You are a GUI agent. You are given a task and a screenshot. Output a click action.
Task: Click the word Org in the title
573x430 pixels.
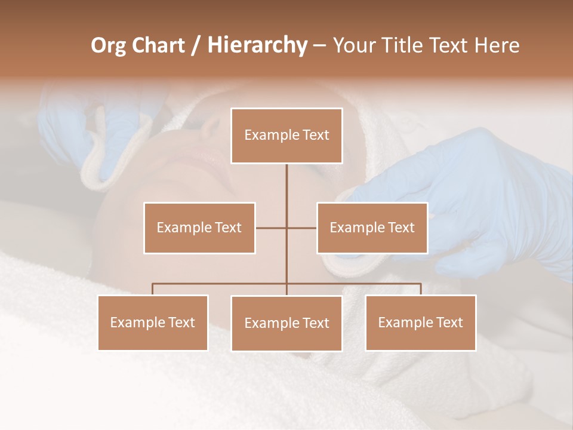point(107,45)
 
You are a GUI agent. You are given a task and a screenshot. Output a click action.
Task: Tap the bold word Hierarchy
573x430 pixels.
point(257,45)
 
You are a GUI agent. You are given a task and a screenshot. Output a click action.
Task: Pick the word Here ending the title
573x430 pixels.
point(497,45)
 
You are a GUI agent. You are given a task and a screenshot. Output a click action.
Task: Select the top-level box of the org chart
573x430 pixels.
point(286,136)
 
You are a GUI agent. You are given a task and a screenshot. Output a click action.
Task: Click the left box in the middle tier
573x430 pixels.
point(199,228)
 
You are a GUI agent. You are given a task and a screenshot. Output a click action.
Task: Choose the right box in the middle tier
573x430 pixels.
point(372,228)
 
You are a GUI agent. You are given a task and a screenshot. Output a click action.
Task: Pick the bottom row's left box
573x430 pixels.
point(153,322)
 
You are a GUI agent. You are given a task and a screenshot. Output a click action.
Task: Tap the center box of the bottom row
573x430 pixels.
point(286,323)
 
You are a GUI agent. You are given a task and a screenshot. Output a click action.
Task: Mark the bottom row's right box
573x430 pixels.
point(420,322)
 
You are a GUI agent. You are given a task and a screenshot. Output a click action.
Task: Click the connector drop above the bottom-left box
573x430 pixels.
point(153,289)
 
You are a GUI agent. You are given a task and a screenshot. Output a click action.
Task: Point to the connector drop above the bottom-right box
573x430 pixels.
point(421,289)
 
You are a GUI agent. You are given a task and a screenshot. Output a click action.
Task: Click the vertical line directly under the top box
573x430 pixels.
point(286,185)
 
